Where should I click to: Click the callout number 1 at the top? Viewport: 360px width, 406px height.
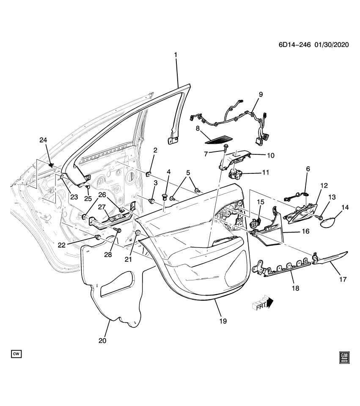[176, 55]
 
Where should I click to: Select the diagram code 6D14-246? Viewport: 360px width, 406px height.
[294, 46]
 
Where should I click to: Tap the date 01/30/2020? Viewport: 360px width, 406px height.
[331, 46]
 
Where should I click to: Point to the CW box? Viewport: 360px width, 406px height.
[16, 353]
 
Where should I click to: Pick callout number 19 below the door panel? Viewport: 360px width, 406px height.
[223, 321]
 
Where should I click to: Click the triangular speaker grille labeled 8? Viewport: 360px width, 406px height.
[219, 139]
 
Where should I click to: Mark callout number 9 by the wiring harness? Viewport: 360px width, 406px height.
[261, 94]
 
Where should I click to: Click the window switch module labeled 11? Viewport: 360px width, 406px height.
[235, 173]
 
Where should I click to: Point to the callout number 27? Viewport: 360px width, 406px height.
[102, 207]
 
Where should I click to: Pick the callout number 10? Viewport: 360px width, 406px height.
[270, 155]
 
